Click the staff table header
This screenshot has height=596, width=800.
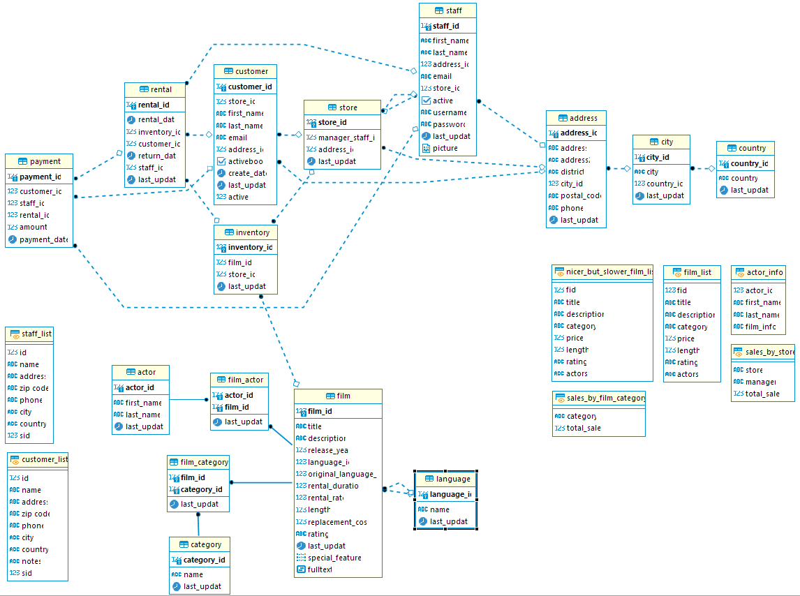[x=447, y=10]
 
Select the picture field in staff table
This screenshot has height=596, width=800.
[x=445, y=148]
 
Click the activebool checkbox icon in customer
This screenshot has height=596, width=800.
[x=221, y=161]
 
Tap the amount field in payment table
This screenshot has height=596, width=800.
[x=33, y=227]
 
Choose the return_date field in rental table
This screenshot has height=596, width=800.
[x=156, y=156]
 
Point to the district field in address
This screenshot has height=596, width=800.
[x=572, y=172]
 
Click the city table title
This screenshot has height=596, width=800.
[x=661, y=142]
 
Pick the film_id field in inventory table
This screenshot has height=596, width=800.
[x=239, y=262]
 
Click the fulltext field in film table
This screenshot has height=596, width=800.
[x=319, y=569]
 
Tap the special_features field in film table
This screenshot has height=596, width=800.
[x=334, y=558]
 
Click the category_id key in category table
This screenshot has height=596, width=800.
[x=203, y=560]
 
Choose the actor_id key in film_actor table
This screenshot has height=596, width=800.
[x=238, y=395]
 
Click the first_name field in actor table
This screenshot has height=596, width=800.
[x=143, y=403]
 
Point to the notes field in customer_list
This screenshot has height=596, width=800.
[x=31, y=561]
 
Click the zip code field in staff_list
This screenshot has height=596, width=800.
[x=34, y=388]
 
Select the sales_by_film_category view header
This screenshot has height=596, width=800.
[x=598, y=398]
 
